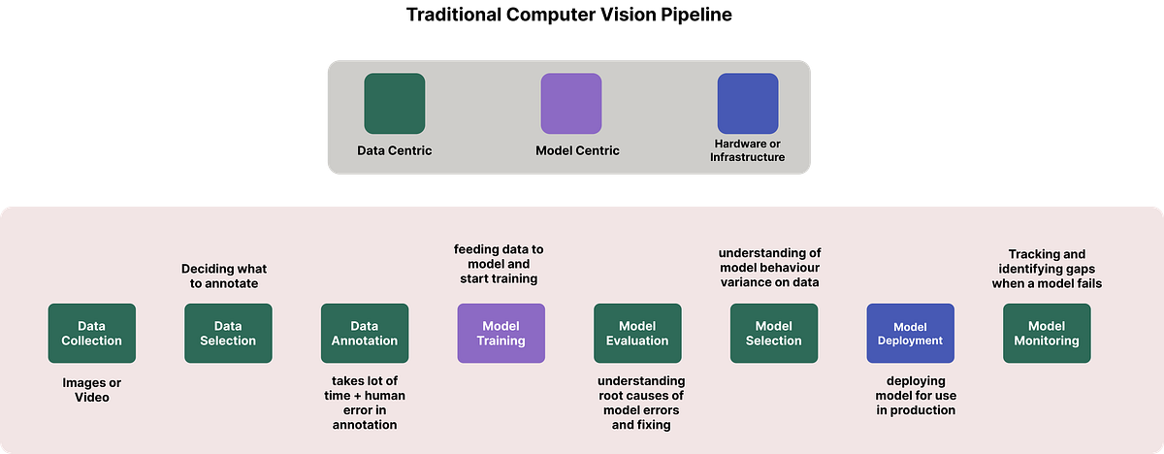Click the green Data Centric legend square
(x=394, y=104)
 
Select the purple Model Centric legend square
(x=570, y=104)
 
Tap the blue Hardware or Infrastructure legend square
(x=747, y=104)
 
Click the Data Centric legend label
(x=394, y=150)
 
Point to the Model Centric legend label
(x=577, y=150)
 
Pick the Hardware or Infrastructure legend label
(x=747, y=149)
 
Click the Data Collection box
(x=92, y=333)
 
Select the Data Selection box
(x=228, y=333)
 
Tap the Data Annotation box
(x=365, y=333)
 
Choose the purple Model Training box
(x=501, y=333)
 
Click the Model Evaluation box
(x=637, y=333)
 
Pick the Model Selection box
(x=773, y=333)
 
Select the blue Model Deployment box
(x=910, y=333)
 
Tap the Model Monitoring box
(x=1046, y=333)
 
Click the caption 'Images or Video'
(x=92, y=390)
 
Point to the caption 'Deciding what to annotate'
(x=224, y=276)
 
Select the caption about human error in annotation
(x=365, y=403)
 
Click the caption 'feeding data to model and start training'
(x=499, y=264)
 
